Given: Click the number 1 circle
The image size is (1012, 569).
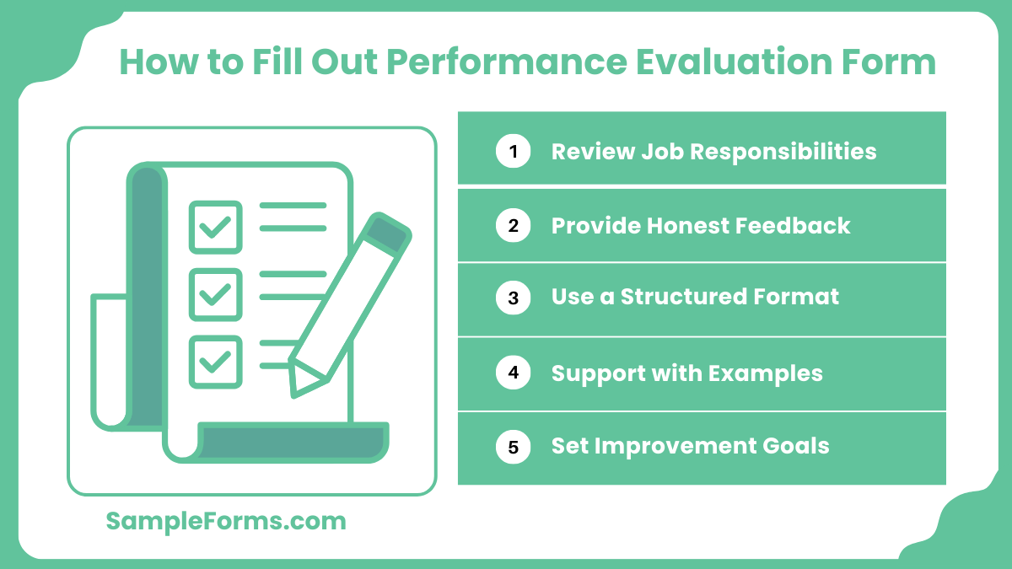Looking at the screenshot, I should [513, 152].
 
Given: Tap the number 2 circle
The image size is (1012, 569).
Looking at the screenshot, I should [513, 226].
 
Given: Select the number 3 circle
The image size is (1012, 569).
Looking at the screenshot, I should [513, 298].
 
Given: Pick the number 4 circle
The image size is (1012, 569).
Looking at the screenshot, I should [513, 373].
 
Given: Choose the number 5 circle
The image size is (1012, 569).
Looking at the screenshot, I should [513, 447].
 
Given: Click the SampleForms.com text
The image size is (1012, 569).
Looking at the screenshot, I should [226, 521].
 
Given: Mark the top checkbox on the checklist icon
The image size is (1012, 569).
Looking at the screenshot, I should [215, 227].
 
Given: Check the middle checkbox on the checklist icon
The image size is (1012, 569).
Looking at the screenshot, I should [215, 294].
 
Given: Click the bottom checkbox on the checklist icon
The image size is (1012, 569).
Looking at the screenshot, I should [215, 362].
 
